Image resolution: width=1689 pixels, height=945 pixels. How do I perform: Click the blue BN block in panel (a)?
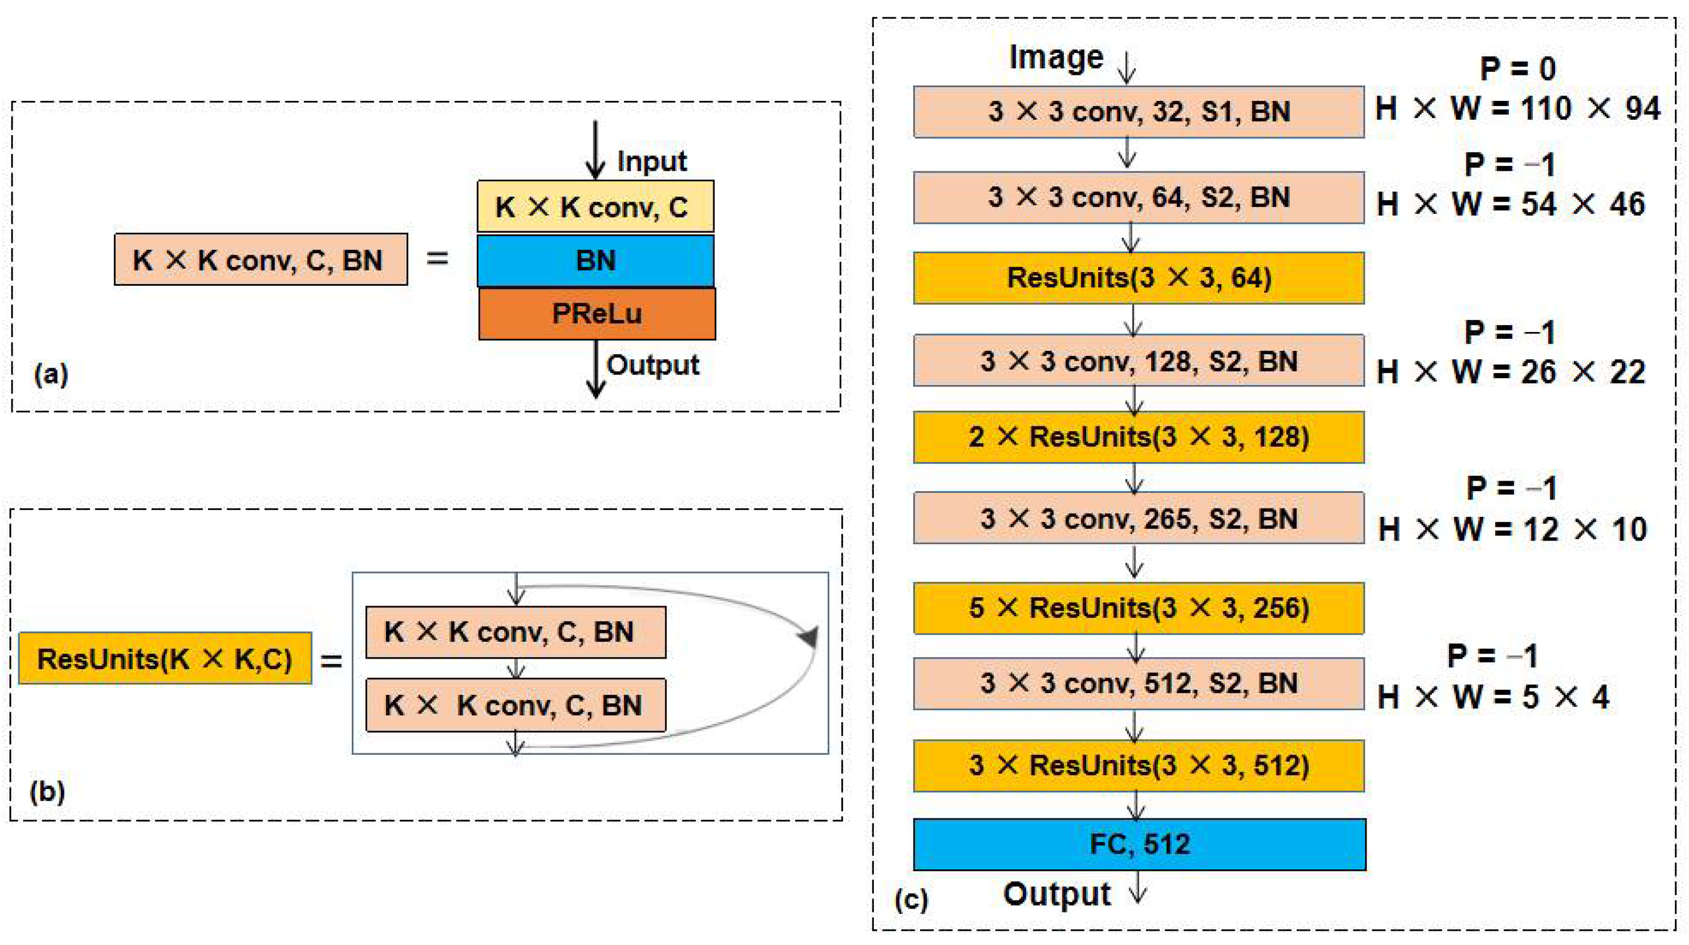click(596, 261)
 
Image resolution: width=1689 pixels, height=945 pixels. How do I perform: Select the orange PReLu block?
click(597, 314)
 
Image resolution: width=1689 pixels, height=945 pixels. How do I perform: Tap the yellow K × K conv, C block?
click(596, 206)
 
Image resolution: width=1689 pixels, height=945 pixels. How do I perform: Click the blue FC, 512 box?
click(1140, 844)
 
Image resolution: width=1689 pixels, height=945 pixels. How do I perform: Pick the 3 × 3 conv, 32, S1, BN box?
click(1139, 111)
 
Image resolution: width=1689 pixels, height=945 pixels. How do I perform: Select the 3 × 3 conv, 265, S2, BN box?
click(1139, 518)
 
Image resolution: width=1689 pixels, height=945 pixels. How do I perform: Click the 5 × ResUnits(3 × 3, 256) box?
click(1139, 608)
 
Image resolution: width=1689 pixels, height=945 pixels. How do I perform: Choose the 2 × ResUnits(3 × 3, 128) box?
click(1139, 437)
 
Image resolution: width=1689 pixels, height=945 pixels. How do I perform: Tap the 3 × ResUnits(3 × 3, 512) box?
click(1139, 765)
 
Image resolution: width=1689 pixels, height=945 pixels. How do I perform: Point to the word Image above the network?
click(1056, 57)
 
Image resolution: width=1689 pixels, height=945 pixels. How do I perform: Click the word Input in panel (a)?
click(651, 161)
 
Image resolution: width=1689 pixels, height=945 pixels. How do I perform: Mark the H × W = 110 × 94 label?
click(1518, 109)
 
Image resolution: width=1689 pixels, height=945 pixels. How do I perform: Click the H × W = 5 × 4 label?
click(1493, 697)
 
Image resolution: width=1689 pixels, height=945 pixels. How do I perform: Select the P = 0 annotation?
click(1518, 69)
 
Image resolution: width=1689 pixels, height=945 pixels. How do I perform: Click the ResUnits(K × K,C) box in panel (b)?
click(164, 658)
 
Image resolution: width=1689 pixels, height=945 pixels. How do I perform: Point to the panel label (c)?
click(911, 899)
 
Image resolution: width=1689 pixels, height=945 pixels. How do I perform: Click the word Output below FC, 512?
click(1056, 894)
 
